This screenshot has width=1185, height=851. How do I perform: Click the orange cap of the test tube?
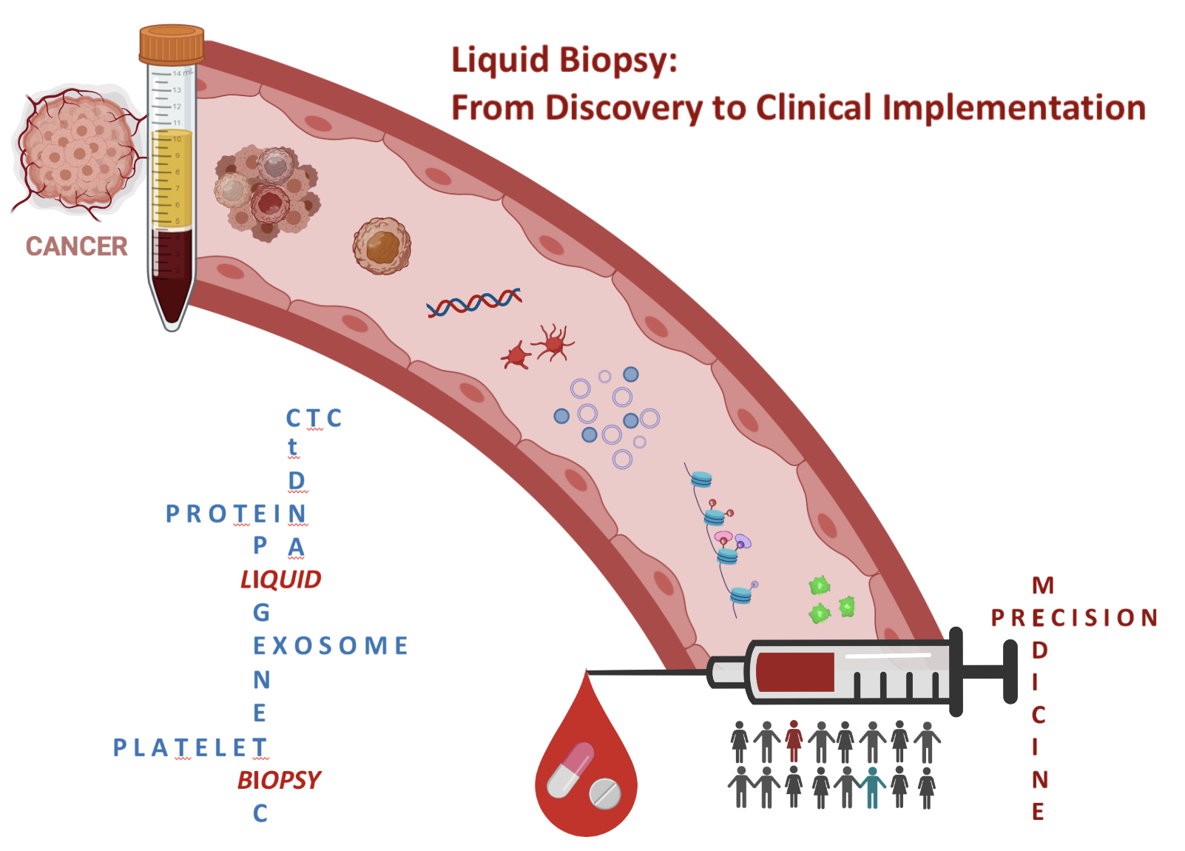coord(172,44)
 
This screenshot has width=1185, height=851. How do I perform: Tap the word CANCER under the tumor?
coord(76,246)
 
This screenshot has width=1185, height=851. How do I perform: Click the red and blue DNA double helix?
coord(474,302)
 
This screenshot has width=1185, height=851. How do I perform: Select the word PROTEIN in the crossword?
coord(235,514)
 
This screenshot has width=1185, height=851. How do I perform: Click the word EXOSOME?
coord(330,646)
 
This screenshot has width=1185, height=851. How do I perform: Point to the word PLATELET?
coord(189,747)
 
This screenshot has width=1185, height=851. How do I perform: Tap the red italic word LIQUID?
coord(280,579)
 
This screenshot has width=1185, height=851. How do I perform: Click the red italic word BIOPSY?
coord(279,780)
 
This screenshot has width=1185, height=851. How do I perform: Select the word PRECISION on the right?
coord(1074,618)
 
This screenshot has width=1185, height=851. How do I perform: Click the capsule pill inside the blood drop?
coord(570,770)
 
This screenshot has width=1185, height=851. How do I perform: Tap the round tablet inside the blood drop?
coord(605,793)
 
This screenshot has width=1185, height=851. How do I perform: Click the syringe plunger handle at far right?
coord(1010,672)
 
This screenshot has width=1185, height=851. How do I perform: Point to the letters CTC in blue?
coord(314,419)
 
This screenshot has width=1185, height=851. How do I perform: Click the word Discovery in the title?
coord(623,108)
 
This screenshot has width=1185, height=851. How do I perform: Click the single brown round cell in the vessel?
coord(382,246)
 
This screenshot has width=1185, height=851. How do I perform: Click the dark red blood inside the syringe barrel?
coord(795,672)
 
